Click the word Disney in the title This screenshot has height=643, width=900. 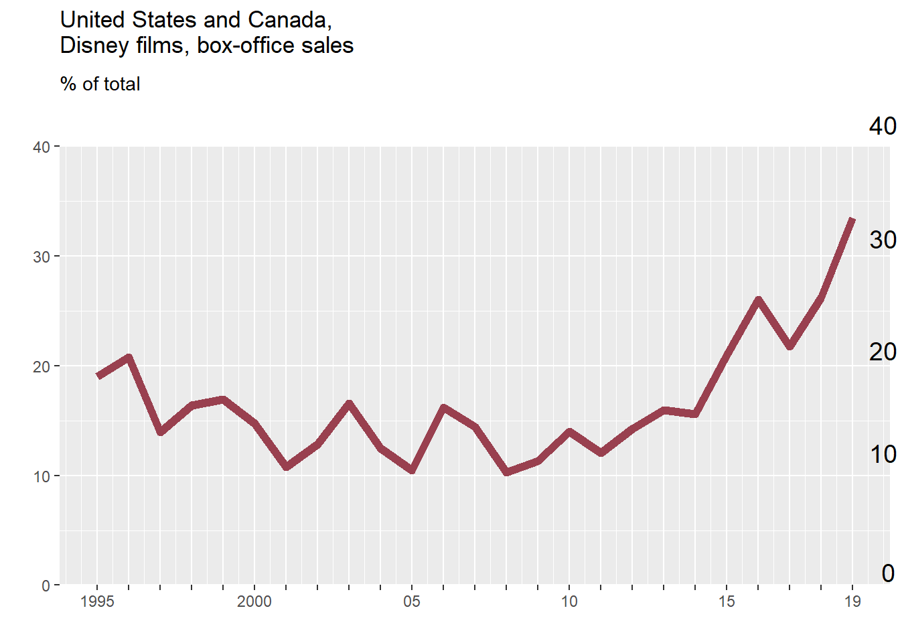click(x=90, y=46)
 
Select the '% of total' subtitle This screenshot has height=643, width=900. click(x=100, y=84)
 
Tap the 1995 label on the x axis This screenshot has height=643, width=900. click(x=97, y=601)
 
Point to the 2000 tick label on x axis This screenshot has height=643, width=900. click(x=254, y=601)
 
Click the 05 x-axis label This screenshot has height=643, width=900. click(x=412, y=601)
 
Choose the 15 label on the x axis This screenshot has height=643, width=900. click(x=727, y=601)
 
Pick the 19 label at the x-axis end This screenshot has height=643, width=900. click(x=852, y=601)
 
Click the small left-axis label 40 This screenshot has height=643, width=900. click(x=42, y=147)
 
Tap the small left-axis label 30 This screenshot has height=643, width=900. click(x=42, y=257)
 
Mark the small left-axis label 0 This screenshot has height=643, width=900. click(x=46, y=586)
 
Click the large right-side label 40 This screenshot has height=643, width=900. click(x=883, y=126)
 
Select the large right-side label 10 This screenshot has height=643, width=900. click(x=883, y=455)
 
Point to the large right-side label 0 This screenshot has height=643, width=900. click(x=888, y=573)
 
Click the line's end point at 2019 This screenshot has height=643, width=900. click(x=852, y=219)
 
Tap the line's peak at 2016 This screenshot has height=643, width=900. click(x=758, y=299)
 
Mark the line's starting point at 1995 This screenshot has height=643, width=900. click(x=98, y=376)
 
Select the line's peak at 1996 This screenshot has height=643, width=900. click(x=129, y=357)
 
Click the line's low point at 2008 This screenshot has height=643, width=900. click(x=506, y=472)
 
